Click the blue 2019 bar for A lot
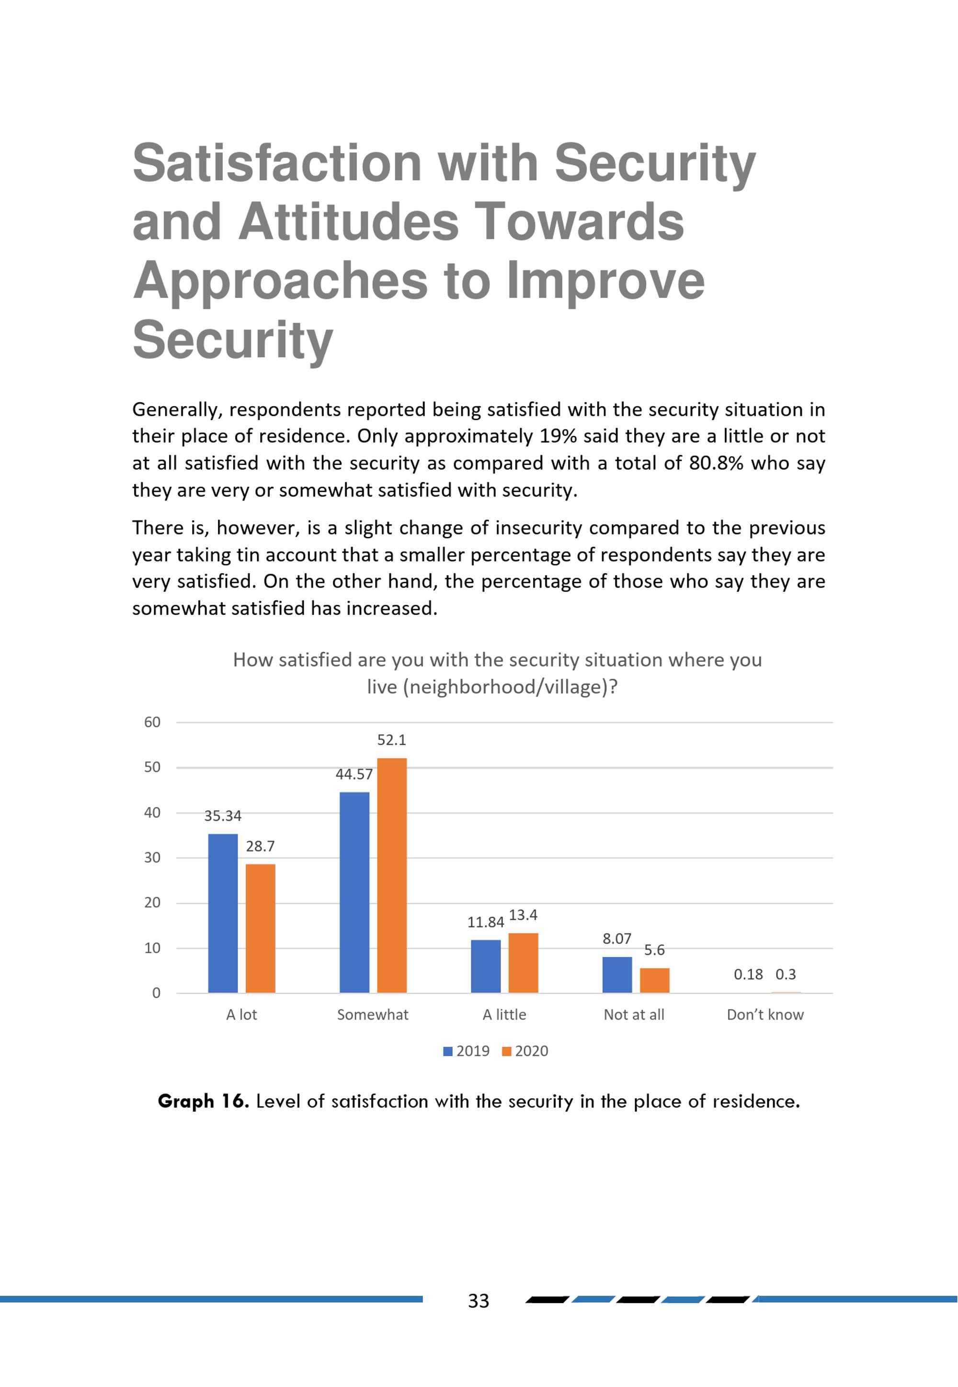click(x=223, y=913)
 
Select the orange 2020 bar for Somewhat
click(x=392, y=875)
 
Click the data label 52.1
click(x=391, y=740)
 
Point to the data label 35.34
click(x=223, y=816)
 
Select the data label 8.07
click(x=617, y=939)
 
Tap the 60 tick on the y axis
click(x=152, y=722)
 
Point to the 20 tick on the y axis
click(x=152, y=903)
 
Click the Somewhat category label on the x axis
click(x=373, y=1014)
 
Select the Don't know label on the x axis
click(x=765, y=1014)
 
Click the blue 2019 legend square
click(x=448, y=1051)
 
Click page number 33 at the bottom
click(x=479, y=1301)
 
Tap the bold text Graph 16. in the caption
click(x=203, y=1102)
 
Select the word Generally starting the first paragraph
click(x=180, y=410)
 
